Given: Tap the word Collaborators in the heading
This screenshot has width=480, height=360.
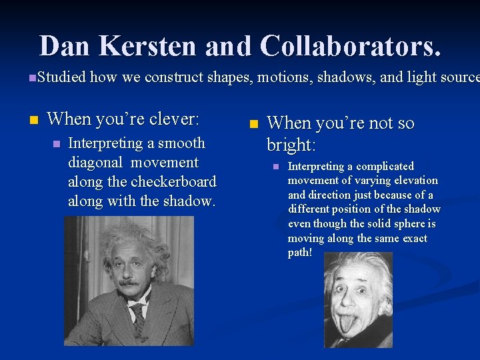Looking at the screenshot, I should (350, 46).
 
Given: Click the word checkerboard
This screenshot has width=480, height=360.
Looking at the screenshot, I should (175, 181).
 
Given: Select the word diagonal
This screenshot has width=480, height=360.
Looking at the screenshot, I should (95, 163).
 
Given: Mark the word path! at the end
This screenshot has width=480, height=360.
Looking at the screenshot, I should (300, 253).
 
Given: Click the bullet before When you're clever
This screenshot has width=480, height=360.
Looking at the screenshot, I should (32, 120).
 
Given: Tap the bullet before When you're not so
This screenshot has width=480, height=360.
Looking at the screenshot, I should (252, 124).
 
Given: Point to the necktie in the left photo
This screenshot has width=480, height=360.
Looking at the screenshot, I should (139, 319).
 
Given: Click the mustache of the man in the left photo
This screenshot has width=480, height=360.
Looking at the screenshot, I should (129, 283).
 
